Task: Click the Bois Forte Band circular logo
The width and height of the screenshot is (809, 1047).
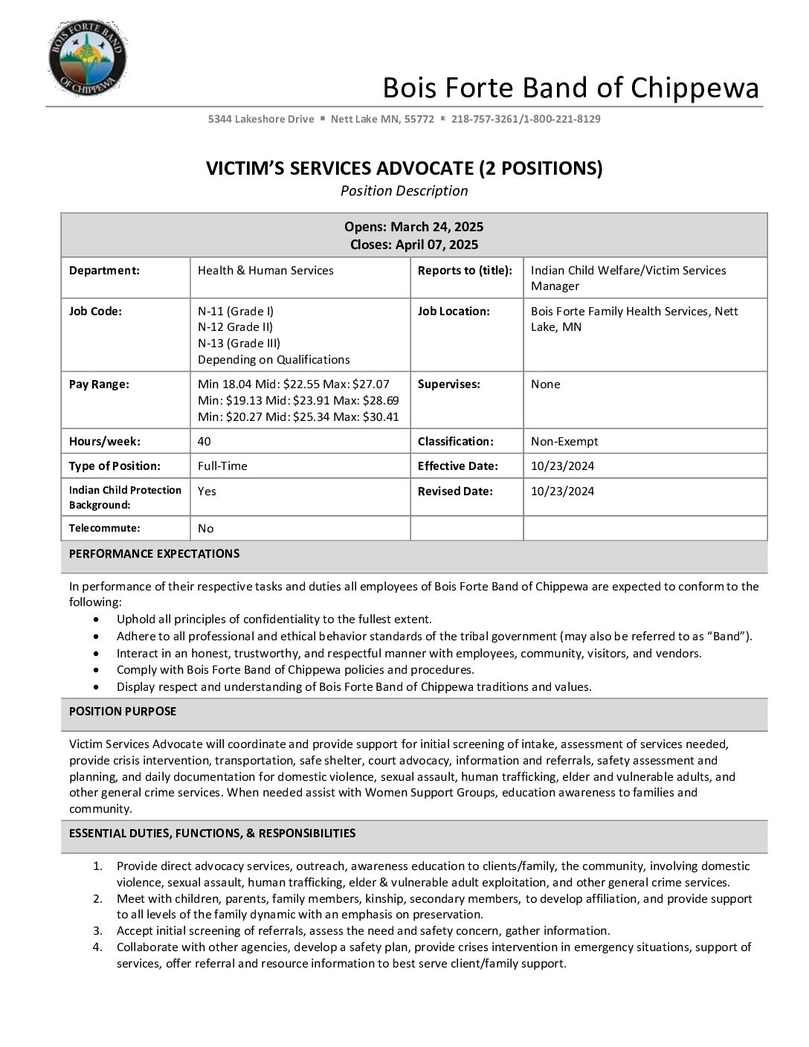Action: pos(87,58)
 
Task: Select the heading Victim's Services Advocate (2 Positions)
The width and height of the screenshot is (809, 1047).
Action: pos(404,169)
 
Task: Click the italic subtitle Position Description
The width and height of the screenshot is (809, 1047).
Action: pos(404,191)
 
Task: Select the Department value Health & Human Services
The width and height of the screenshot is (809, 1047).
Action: pos(265,271)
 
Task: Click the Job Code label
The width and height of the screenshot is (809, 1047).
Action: pos(95,312)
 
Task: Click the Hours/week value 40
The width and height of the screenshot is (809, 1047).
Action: pos(204,442)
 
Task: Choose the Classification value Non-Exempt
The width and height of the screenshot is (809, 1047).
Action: pos(564,442)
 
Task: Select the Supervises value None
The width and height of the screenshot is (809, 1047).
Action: pos(546,384)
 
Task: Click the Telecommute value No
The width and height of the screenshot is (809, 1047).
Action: pos(206,529)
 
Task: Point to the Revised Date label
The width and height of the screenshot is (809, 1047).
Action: pos(455,492)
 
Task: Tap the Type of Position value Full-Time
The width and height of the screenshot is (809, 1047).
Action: pos(222,466)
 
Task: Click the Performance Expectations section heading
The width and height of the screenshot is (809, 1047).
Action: pos(154,554)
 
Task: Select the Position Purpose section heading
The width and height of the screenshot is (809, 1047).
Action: pos(123,712)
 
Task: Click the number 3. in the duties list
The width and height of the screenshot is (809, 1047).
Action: pos(98,931)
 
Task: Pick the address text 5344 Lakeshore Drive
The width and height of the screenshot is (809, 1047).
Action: pos(261,119)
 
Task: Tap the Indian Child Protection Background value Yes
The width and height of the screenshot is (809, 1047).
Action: pos(207,492)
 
